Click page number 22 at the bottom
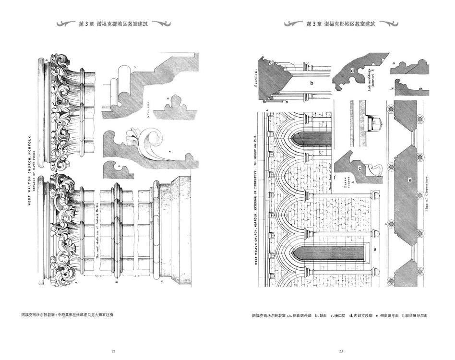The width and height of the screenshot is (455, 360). (113, 352)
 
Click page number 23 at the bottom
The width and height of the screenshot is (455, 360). (341, 352)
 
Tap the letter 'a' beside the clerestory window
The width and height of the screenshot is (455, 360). (375, 250)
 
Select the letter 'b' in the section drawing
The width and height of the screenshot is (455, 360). (311, 83)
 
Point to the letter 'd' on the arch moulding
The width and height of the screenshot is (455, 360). (352, 71)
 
